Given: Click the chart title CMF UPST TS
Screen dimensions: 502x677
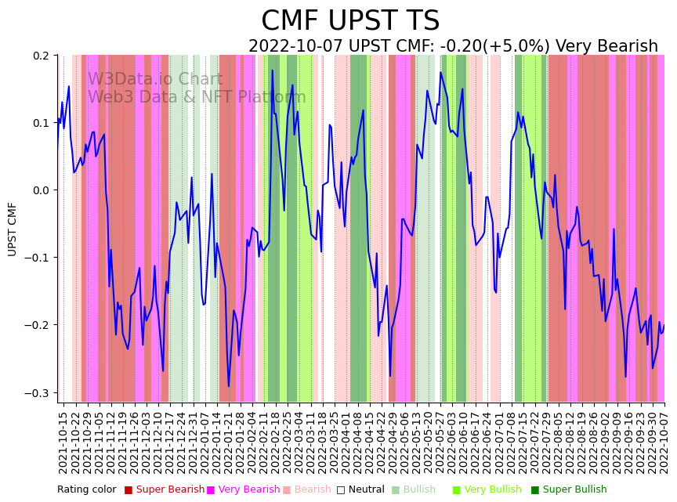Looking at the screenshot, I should tap(350, 21).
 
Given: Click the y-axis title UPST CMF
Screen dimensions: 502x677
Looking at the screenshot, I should tap(13, 229).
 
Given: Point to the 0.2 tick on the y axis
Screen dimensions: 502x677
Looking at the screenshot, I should tap(40, 56).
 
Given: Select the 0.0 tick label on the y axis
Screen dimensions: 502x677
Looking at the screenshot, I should tap(40, 190).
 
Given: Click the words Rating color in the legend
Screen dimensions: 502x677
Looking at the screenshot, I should tap(86, 489).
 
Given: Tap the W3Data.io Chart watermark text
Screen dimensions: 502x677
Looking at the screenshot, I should tap(155, 79).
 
